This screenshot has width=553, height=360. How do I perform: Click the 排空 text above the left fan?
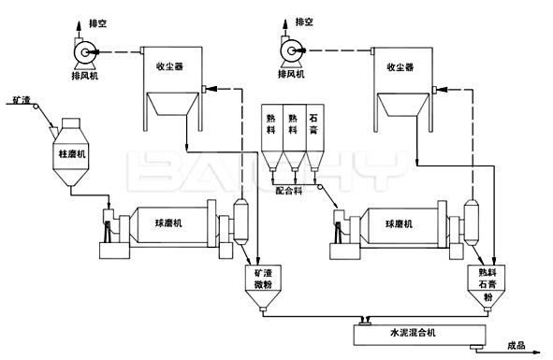click(96, 19)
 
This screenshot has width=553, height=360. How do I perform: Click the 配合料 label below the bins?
click(290, 190)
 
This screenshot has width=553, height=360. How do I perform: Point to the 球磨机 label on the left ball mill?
click(168, 223)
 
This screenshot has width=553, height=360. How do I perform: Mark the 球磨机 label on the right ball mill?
click(400, 223)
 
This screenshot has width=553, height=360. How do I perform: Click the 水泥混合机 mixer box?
click(411, 333)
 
